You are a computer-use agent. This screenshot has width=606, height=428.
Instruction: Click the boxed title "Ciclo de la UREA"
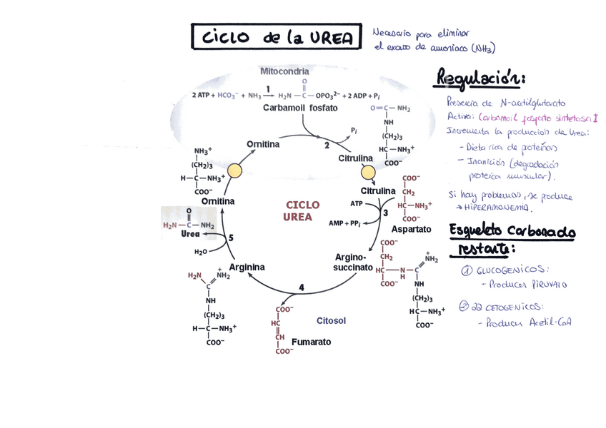coord(276,37)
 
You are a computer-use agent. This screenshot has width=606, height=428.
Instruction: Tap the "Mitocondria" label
coord(284,71)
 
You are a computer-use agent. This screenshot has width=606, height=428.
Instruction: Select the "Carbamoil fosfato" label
coord(300,108)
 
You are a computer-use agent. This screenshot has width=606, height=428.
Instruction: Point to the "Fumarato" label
coord(312,342)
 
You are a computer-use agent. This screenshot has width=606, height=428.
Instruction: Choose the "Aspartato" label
coord(412,229)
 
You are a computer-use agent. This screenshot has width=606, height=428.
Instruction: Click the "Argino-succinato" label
coord(353,262)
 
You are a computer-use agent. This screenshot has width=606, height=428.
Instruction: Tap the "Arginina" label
coord(247,267)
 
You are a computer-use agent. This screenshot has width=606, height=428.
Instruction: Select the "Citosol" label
coord(331,321)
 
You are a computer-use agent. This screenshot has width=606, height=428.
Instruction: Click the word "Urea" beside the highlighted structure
coord(190,233)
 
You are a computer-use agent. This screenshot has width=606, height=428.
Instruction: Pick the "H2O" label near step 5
coord(201,252)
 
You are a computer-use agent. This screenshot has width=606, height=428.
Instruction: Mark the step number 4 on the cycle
coord(302,287)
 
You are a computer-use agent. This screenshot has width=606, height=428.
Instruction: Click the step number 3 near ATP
coord(385,213)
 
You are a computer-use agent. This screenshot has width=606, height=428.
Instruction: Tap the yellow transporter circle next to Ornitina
coord(234,171)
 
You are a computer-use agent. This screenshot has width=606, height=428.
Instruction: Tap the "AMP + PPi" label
coord(345,223)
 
